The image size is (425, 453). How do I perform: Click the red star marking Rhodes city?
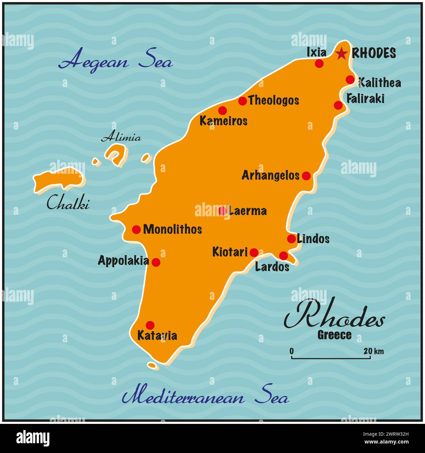click(341, 53)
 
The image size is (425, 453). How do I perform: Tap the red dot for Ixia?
click(319, 63)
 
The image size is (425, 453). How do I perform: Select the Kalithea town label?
click(380, 83)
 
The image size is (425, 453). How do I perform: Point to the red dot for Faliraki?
click(338, 105)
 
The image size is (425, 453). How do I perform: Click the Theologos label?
click(274, 100)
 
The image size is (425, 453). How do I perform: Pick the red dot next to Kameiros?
click(222, 110)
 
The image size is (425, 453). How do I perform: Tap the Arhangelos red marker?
click(306, 176)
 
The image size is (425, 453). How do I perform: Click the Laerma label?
click(247, 211)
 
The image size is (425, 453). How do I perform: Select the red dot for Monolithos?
click(136, 229)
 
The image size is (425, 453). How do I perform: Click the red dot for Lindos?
click(291, 239)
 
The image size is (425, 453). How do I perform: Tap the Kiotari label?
click(230, 252)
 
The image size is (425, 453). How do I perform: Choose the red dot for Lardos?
click(283, 256)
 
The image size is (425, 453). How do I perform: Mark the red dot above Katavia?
click(150, 325)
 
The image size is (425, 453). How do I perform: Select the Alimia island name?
click(121, 137)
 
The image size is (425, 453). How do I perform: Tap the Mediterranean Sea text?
click(205, 397)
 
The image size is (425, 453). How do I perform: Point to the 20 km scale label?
click(373, 352)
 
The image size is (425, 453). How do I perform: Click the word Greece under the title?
click(334, 335)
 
